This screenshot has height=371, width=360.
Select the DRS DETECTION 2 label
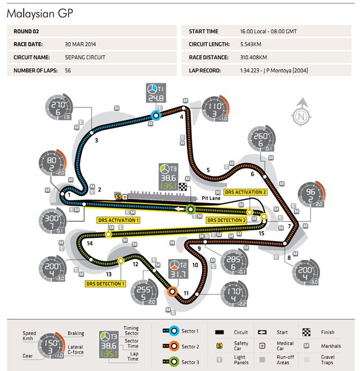pos(226,220)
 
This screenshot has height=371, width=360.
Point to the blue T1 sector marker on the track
pos(156,115)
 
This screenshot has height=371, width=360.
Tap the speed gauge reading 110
pos(214,107)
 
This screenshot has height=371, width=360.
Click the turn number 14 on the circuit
pos(90,243)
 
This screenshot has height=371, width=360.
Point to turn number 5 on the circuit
pos(208,170)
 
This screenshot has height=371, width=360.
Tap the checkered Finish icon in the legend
pos(306,332)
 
